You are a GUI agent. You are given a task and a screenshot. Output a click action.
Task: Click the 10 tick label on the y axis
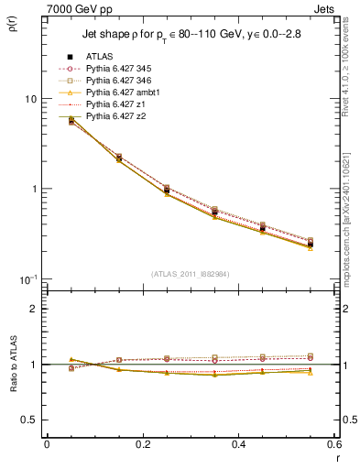pos(31,99)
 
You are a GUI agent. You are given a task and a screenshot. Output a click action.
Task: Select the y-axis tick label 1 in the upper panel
pos(34,189)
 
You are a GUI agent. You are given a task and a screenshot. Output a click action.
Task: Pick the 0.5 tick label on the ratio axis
pos(29,420)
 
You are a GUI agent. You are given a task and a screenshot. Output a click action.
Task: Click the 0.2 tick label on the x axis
pos(143,444)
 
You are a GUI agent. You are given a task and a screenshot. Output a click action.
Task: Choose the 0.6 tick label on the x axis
pos(335,444)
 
